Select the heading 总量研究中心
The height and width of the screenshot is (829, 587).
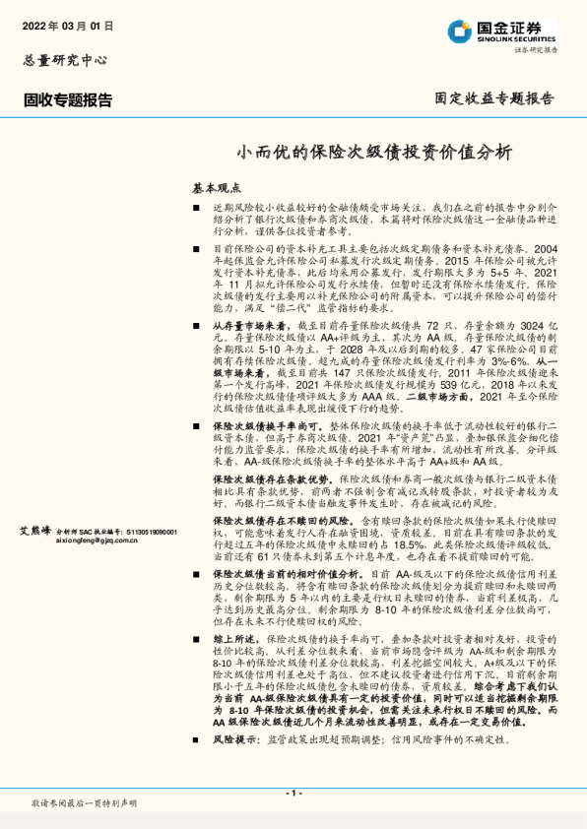coord(64,60)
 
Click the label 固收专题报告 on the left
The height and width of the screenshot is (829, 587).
coord(68,99)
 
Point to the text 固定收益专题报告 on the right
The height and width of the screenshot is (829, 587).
coord(494,98)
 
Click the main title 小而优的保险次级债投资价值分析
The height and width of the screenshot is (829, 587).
coord(374,153)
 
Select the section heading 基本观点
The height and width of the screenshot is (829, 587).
coord(216,187)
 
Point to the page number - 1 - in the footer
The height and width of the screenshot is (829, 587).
coord(293,793)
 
